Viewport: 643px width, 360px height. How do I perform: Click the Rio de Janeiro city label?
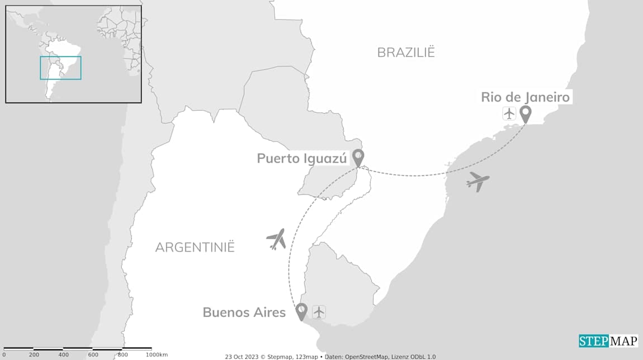coord(525,97)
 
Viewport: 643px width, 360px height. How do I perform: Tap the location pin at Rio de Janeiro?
coord(525,113)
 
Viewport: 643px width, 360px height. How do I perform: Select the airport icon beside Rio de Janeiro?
coord(509,113)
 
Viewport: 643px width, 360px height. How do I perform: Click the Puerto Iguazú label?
coord(301,158)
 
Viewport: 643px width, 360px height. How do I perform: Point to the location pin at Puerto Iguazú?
coord(358,158)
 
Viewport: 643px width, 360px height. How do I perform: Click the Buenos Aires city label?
coord(244,312)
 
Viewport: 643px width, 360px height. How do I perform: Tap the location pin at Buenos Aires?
coord(301,311)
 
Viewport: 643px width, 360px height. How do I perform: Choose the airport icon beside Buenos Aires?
coord(319,312)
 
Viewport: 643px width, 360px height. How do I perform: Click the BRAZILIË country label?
coord(406,53)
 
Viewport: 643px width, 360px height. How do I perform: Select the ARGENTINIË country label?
coord(195,247)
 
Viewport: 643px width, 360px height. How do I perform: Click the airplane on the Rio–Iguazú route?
coord(478,181)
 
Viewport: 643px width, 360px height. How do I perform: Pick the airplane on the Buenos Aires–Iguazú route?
coord(276,239)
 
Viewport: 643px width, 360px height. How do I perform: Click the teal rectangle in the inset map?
coord(60,68)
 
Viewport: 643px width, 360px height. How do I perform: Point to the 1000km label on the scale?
coord(156,355)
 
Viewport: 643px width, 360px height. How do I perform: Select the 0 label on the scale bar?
coord(4,355)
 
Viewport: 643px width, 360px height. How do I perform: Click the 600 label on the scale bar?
coord(93,355)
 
